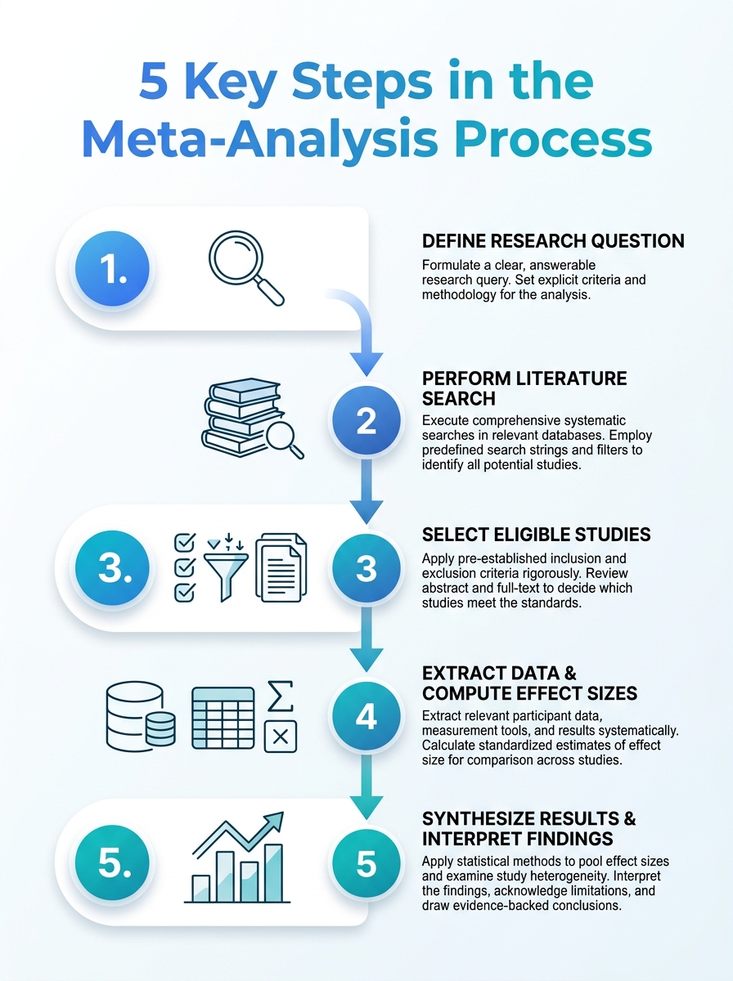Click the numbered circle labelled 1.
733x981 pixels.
coord(112,268)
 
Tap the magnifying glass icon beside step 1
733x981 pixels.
coord(246,267)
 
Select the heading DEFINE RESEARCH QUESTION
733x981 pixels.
coord(553,241)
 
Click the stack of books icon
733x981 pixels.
coord(253,419)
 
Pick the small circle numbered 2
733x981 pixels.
coord(366,420)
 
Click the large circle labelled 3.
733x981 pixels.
coord(112,567)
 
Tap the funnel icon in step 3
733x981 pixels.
coord(227,567)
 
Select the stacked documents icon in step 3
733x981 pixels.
coord(281,567)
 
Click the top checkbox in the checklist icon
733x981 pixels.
coord(184,543)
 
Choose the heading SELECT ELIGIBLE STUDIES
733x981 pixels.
coord(536,535)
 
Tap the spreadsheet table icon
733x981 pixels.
coord(223,719)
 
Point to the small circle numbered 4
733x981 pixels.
coord(366,717)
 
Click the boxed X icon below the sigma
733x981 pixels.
coord(281,737)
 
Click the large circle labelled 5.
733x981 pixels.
coord(112,862)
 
